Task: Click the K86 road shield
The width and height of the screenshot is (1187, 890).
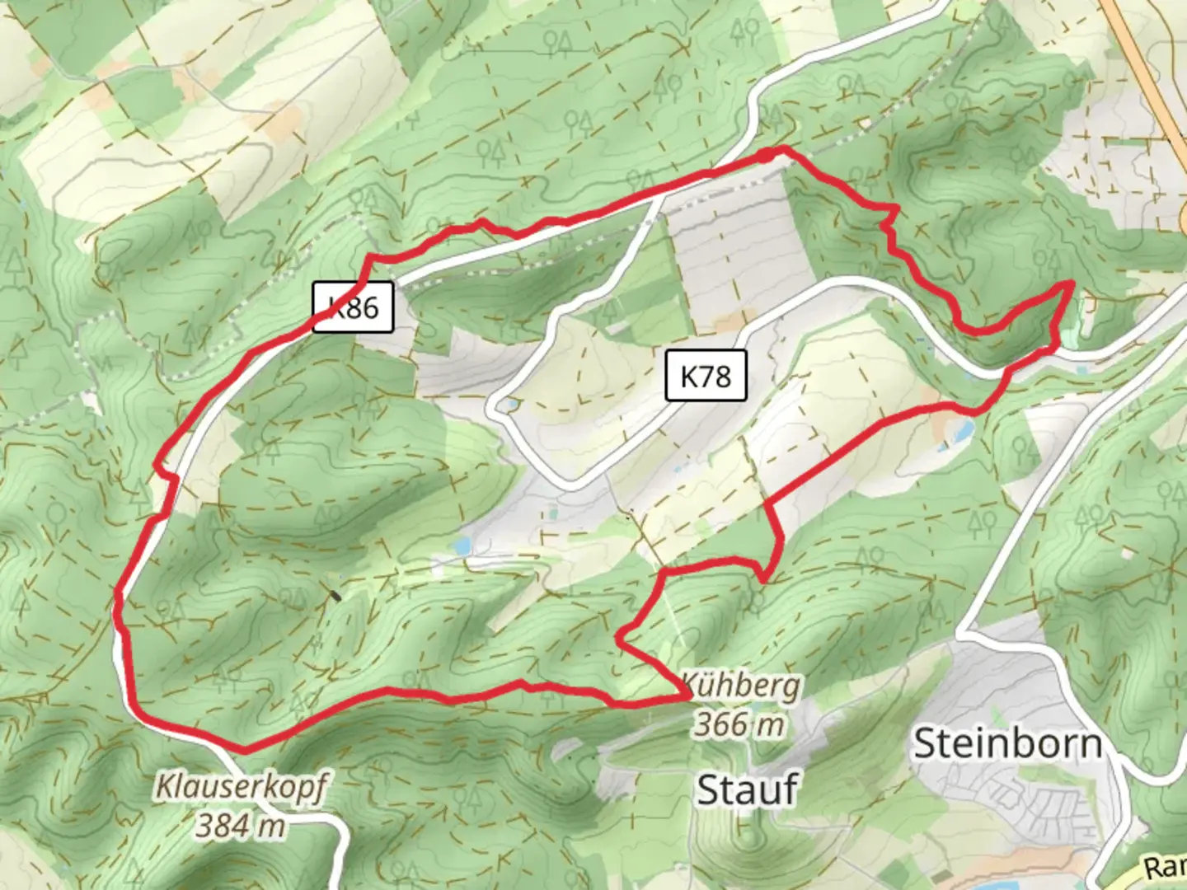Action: [353, 308]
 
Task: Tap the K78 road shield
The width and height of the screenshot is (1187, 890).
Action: [706, 376]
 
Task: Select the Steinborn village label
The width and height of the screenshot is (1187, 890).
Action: [1007, 744]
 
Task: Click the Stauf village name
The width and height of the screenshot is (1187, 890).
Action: [747, 789]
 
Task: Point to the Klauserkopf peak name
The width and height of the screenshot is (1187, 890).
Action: [241, 787]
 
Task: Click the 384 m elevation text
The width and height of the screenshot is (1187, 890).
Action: [241, 824]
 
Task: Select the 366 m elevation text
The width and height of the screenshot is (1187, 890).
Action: [739, 724]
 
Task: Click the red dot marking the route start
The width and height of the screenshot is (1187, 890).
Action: [766, 155]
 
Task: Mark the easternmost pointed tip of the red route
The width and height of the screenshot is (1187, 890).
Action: [1071, 283]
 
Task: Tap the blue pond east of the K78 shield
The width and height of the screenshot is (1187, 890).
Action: [959, 430]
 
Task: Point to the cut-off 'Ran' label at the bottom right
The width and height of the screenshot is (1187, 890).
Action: [1164, 867]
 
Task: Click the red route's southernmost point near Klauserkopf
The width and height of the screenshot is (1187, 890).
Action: [245, 750]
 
